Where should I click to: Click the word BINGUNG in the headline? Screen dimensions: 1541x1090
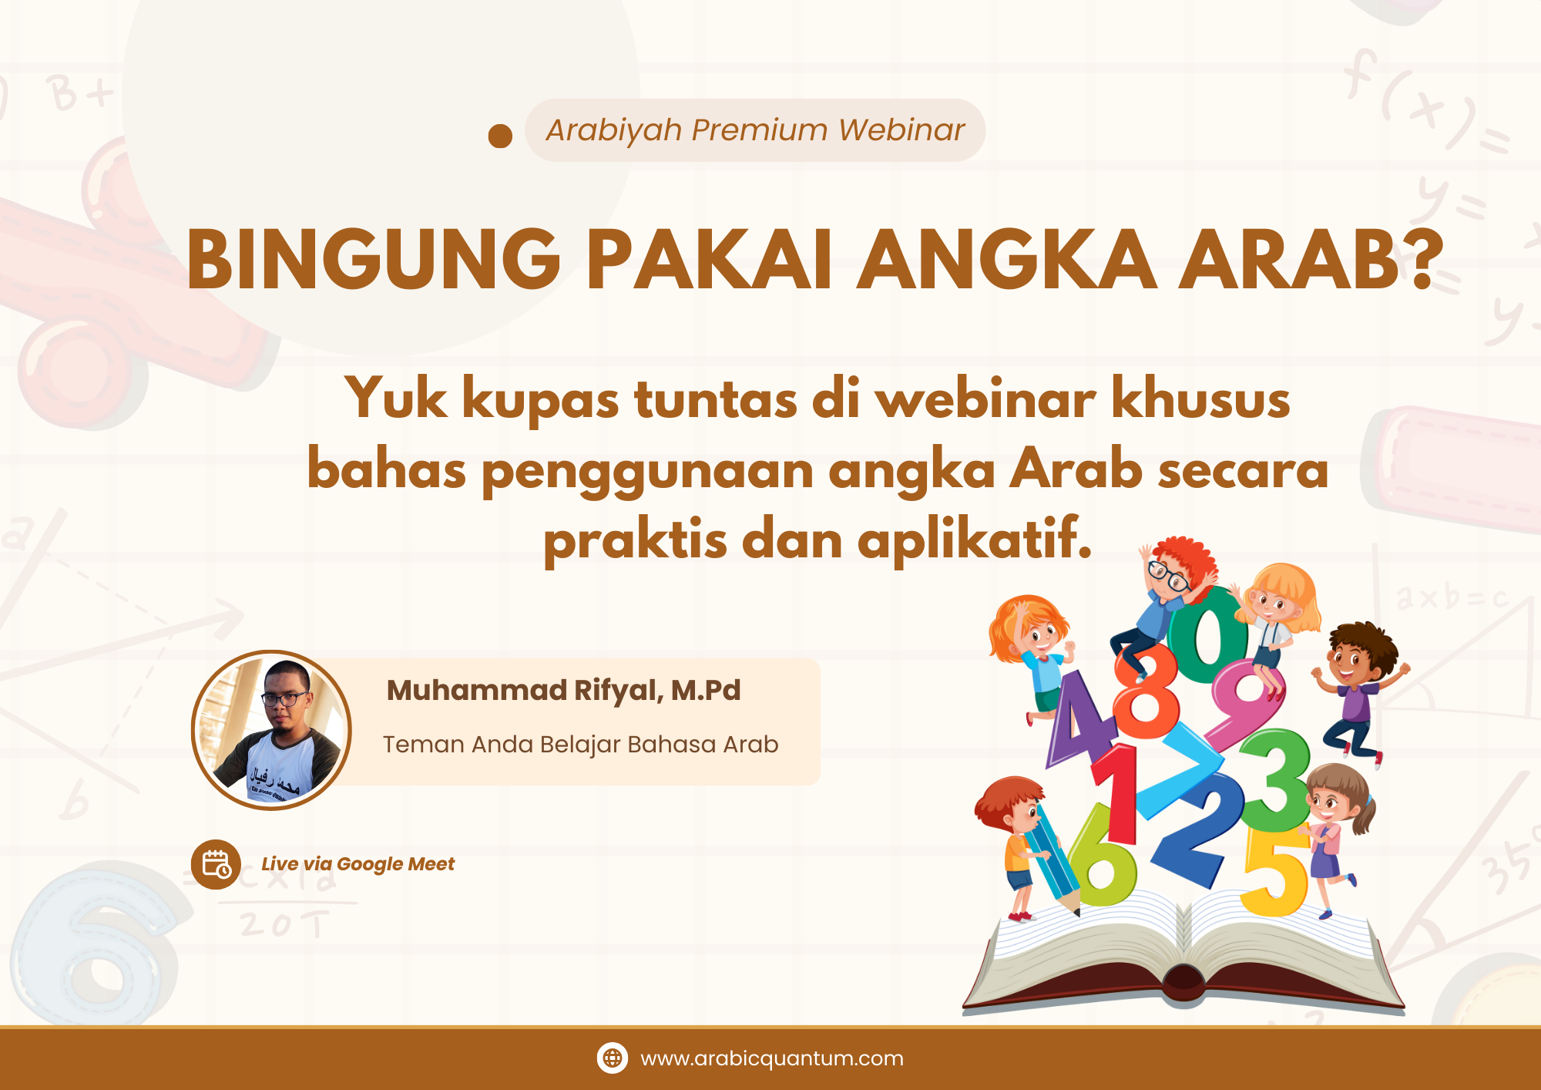point(374,260)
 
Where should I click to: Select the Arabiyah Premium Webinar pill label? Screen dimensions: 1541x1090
point(755,130)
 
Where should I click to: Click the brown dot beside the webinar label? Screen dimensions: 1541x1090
point(500,136)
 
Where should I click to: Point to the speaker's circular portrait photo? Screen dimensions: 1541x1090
point(271,730)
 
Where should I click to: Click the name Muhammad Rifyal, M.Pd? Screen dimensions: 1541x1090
point(563,690)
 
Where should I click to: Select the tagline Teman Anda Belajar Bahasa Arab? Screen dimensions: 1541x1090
point(580,745)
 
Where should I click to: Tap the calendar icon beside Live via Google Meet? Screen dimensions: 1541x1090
point(216,864)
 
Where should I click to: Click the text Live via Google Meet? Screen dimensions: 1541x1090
point(358,864)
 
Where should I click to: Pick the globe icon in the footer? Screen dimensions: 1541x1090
point(613,1058)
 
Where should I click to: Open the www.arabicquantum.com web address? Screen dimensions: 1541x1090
point(771,1058)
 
